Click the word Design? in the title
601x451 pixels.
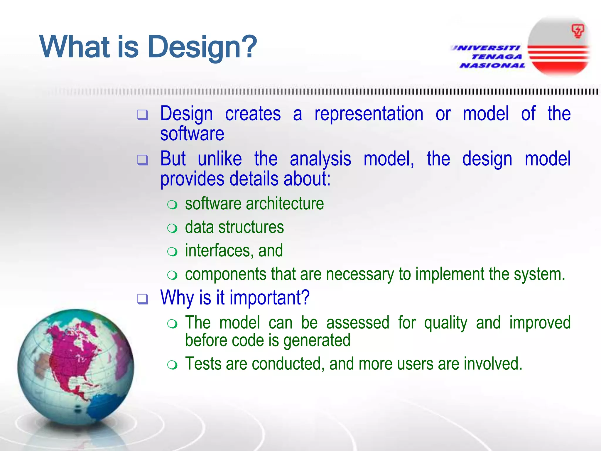click(202, 47)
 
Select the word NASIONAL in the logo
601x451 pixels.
click(492, 65)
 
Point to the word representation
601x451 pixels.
click(369, 114)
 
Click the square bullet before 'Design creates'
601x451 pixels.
click(143, 115)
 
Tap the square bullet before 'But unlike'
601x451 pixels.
click(143, 160)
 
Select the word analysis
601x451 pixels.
click(320, 159)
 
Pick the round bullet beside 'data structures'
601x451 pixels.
click(172, 228)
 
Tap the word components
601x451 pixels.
click(225, 274)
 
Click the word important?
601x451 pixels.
click(269, 298)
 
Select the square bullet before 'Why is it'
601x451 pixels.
click(143, 299)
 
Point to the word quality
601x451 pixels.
click(445, 323)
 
